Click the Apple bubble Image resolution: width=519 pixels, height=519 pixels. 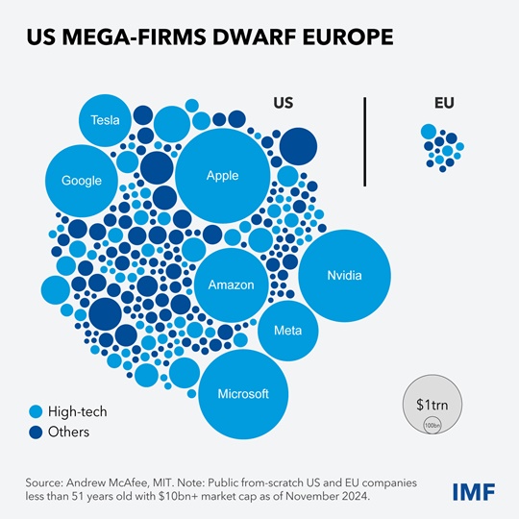(222, 175)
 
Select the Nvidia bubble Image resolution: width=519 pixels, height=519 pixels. (344, 276)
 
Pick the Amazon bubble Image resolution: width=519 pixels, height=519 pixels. (231, 284)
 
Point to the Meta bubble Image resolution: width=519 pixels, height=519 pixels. (287, 331)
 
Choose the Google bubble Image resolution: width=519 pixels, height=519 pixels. (81, 181)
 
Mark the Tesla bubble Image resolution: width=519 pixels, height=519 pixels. (104, 120)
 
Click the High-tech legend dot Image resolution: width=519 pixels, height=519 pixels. (37, 411)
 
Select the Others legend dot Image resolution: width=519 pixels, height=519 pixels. (37, 432)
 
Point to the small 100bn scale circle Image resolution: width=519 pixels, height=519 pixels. (432, 424)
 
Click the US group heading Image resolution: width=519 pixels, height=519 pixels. (284, 103)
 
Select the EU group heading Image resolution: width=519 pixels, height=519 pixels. (445, 103)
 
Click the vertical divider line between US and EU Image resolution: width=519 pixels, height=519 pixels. (365, 140)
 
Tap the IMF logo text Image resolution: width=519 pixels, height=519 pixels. (474, 492)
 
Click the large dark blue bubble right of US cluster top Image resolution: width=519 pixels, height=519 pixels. (297, 145)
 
